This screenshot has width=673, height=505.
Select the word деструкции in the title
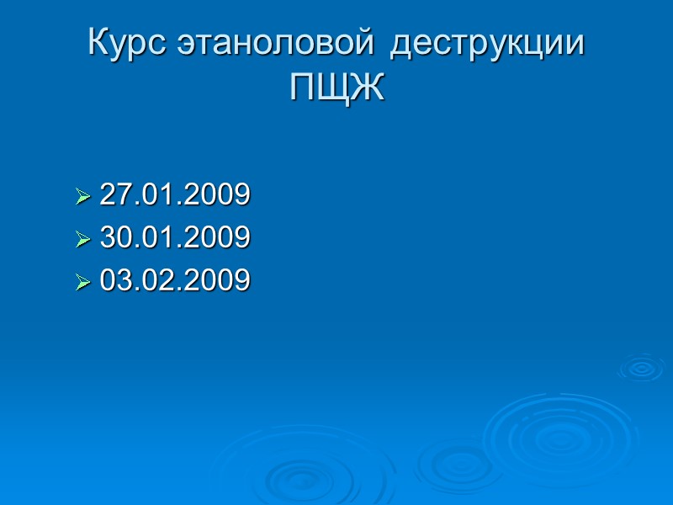(488, 45)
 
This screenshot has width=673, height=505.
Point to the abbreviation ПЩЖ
(336, 88)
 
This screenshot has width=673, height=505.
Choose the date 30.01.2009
(175, 238)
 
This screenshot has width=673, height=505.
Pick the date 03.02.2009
(175, 280)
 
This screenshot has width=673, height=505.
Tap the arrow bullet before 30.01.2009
(82, 240)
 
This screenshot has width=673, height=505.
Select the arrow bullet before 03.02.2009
(82, 282)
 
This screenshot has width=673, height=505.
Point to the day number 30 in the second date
(114, 238)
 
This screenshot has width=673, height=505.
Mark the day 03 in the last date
(114, 280)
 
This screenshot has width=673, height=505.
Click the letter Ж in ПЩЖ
(368, 88)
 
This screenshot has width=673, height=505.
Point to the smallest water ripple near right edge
(641, 368)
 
